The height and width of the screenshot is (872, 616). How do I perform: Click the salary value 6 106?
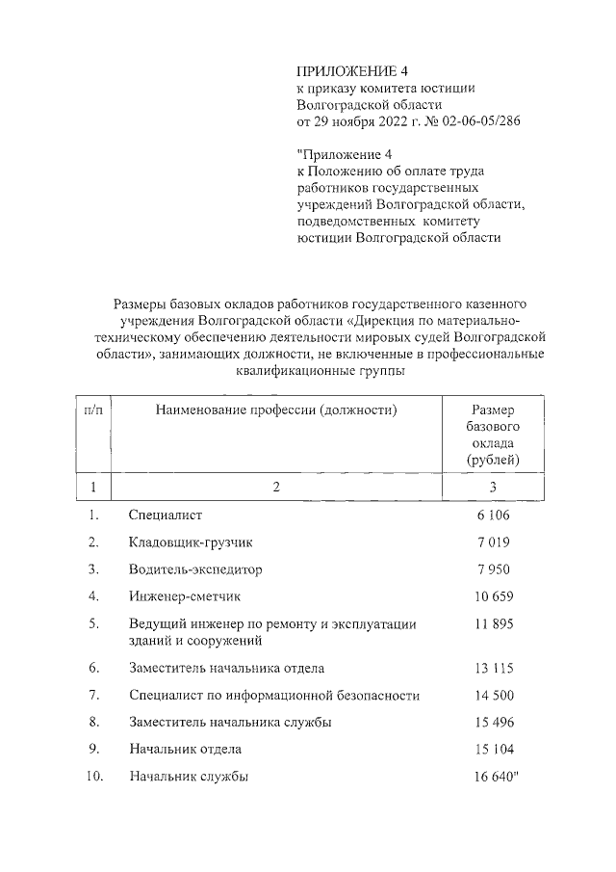click(493, 515)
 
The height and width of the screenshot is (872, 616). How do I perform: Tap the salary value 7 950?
click(493, 569)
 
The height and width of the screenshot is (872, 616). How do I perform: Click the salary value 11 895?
click(493, 624)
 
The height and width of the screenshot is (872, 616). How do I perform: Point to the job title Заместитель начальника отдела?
click(226, 668)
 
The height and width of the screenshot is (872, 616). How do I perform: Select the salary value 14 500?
click(493, 695)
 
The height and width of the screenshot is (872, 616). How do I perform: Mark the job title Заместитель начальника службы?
click(230, 722)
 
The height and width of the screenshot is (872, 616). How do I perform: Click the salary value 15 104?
click(493, 749)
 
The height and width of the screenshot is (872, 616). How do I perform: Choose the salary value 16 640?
click(493, 776)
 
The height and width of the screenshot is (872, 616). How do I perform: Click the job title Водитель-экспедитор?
click(194, 569)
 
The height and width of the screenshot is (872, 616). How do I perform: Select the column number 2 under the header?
click(275, 487)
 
